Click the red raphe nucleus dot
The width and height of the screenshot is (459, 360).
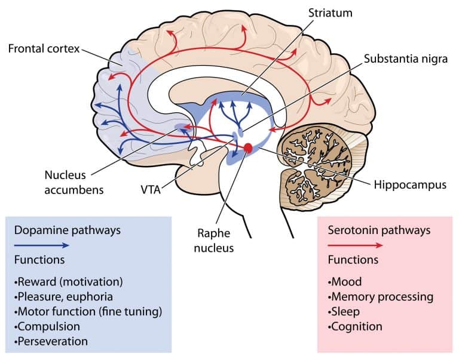pos(248,147)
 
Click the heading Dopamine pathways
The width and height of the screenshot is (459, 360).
pos(62,229)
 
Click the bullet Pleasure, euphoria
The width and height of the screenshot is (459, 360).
pos(65,296)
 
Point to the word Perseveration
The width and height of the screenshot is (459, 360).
pos(53,341)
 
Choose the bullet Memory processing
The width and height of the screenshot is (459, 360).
pos(380,296)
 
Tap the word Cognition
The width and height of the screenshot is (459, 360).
pos(357,327)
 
